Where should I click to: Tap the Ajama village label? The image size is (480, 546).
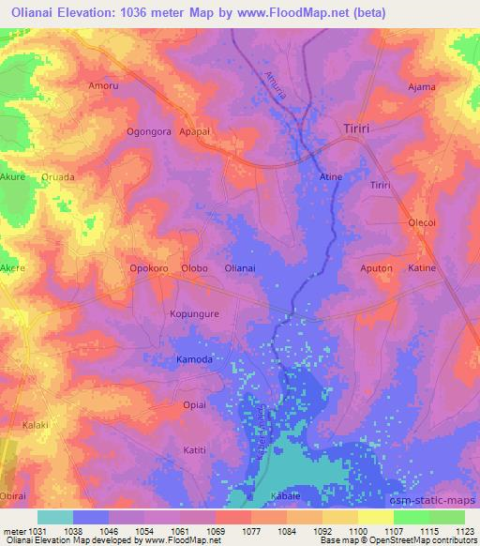(422, 87)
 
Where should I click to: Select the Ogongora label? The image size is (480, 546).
(149, 132)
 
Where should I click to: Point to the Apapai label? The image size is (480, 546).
(200, 132)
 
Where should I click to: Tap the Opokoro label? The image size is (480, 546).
(148, 268)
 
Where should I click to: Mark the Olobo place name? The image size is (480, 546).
(194, 268)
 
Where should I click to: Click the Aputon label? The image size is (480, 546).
(377, 268)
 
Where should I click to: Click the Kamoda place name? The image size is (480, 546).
(194, 359)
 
